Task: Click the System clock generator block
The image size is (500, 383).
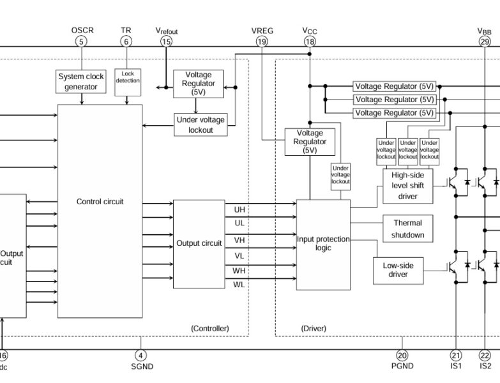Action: point(81,82)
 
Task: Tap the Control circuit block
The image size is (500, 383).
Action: point(100,202)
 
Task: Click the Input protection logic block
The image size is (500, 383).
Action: point(323,243)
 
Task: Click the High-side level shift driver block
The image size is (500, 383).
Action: point(407,186)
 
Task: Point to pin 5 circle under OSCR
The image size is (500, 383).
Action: point(81,41)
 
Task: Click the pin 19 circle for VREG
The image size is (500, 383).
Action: point(262,41)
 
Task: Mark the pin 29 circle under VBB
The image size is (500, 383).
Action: point(485,41)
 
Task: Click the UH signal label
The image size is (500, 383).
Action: point(239,209)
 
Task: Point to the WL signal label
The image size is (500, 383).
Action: point(239,285)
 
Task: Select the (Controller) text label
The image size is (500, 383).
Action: point(209,329)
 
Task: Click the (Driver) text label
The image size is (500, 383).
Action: point(314,329)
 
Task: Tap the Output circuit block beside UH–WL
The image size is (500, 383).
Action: point(199,243)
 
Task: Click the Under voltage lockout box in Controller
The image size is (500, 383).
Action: point(201,124)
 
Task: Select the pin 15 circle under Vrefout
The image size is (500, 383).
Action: point(167,41)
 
